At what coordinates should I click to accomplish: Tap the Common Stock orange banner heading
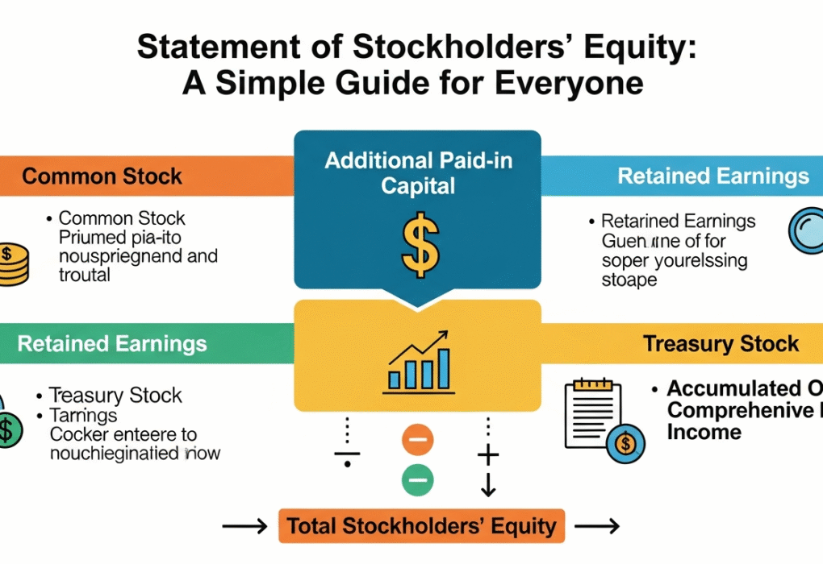pyautogui.click(x=102, y=176)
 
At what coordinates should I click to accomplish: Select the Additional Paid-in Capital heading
pyautogui.click(x=418, y=172)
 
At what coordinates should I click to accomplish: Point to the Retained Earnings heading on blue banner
pyautogui.click(x=713, y=176)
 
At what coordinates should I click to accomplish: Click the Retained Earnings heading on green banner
pyautogui.click(x=112, y=344)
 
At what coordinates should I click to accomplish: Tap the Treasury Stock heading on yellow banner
pyautogui.click(x=721, y=344)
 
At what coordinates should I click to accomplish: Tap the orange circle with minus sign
pyautogui.click(x=417, y=440)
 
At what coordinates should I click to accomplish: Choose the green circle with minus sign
pyautogui.click(x=417, y=479)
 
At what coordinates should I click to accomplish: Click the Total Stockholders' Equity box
pyautogui.click(x=422, y=527)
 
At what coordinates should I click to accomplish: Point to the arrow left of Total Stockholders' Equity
pyautogui.click(x=244, y=527)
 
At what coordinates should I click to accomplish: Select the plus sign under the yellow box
pyautogui.click(x=488, y=456)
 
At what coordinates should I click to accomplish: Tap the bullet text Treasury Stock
pyautogui.click(x=116, y=396)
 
